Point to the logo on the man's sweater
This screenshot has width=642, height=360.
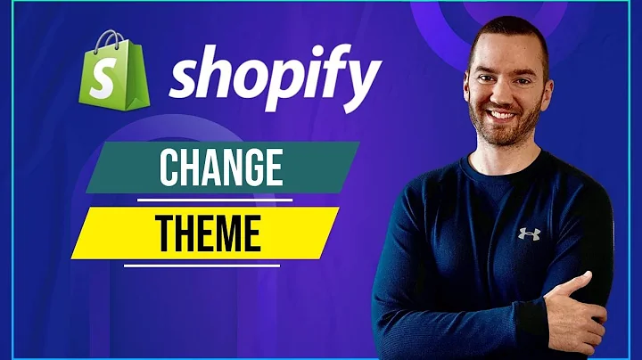click(x=529, y=233)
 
